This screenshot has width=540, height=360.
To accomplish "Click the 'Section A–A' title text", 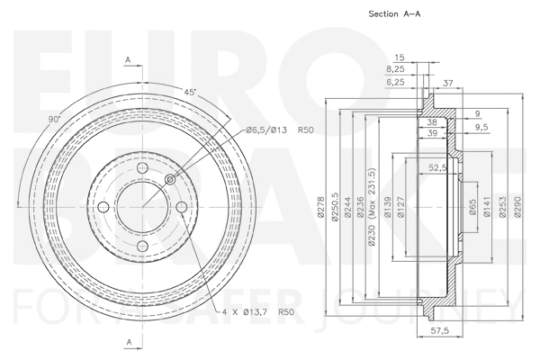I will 394,15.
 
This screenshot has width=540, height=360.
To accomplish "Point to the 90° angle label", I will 54,118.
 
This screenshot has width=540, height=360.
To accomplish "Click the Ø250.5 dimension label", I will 334,208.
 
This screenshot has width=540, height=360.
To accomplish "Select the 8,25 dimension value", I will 393,68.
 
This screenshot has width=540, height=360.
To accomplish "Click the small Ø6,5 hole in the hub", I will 171,179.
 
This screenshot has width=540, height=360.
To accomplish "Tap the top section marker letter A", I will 128,59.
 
